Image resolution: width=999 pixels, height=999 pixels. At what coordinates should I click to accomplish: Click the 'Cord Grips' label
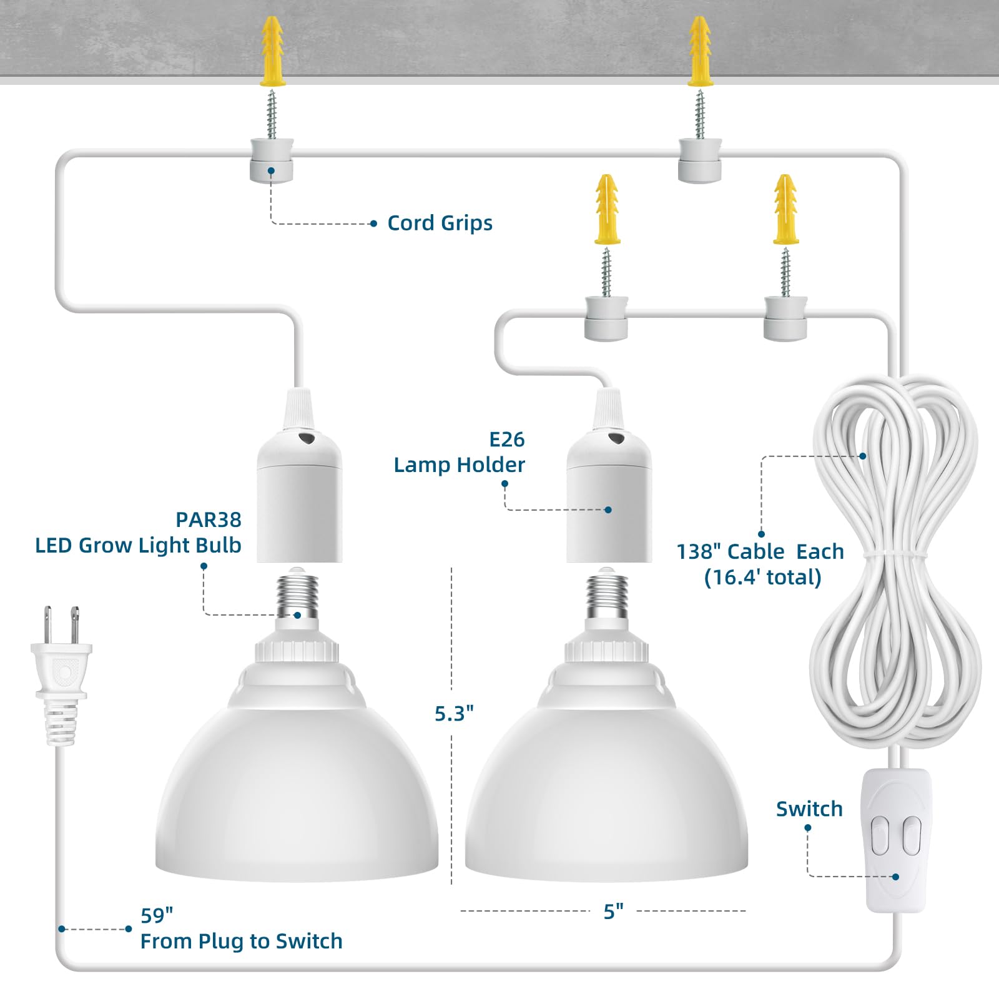coord(440,223)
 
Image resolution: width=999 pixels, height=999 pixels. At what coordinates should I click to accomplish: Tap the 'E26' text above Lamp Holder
coord(506,440)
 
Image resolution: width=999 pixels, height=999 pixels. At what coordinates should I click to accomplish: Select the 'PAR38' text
coord(209,519)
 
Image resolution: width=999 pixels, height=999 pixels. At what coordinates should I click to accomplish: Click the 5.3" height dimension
coord(454,713)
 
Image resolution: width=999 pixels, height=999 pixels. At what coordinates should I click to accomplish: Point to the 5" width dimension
coord(613,912)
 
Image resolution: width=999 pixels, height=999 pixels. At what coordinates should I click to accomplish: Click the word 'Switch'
coord(809,809)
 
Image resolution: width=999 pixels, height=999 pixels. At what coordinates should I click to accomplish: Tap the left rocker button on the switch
coord(880,835)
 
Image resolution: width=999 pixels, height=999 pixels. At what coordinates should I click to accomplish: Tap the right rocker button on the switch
coord(912,835)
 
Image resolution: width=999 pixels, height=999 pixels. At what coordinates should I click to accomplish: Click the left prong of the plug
coord(47,626)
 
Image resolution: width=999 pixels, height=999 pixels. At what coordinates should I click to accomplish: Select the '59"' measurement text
coord(157,915)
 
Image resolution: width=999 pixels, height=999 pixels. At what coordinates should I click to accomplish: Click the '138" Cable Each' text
coord(760,552)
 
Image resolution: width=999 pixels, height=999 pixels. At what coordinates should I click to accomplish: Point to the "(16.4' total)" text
coord(762,578)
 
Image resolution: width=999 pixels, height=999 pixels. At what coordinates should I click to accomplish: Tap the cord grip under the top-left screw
coord(272,161)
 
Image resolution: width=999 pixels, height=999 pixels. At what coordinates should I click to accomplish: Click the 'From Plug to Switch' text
coord(241,941)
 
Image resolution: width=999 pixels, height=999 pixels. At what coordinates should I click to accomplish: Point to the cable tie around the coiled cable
coord(895,554)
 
